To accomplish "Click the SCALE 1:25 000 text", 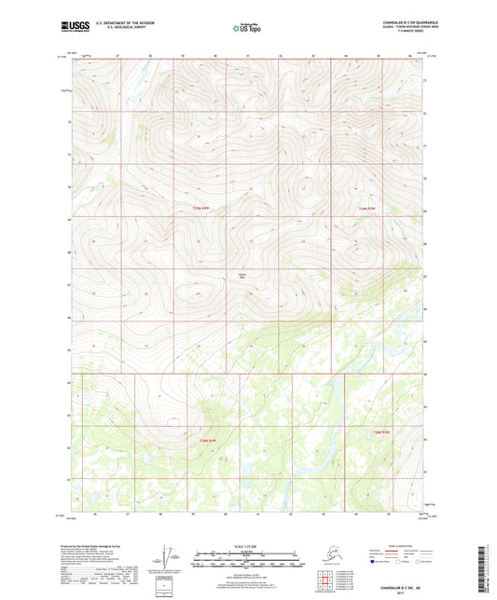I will (x=248, y=543).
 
